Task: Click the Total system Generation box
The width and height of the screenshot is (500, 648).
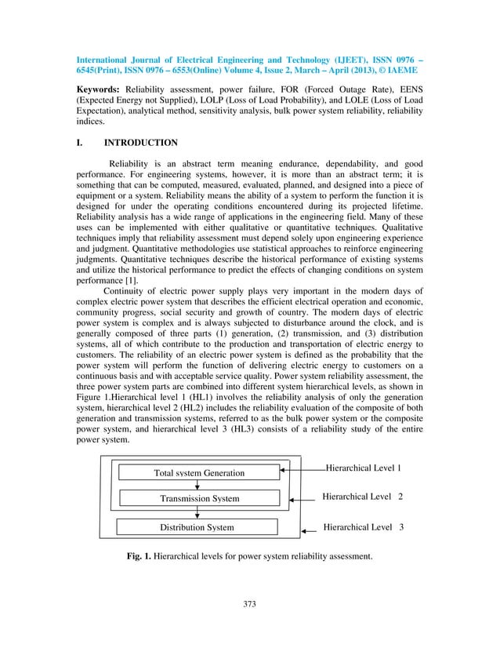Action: pos(198,472)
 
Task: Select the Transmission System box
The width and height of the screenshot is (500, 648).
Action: pos(199,498)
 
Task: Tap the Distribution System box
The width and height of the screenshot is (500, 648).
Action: pos(197,527)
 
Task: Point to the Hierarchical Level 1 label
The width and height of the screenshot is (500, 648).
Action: pos(363,468)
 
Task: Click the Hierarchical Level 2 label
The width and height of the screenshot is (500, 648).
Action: pos(363,497)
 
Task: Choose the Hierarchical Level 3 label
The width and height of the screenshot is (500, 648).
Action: pos(363,527)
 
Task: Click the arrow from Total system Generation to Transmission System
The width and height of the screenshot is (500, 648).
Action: pos(197,485)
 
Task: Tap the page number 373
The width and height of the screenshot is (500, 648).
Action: pos(250,603)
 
